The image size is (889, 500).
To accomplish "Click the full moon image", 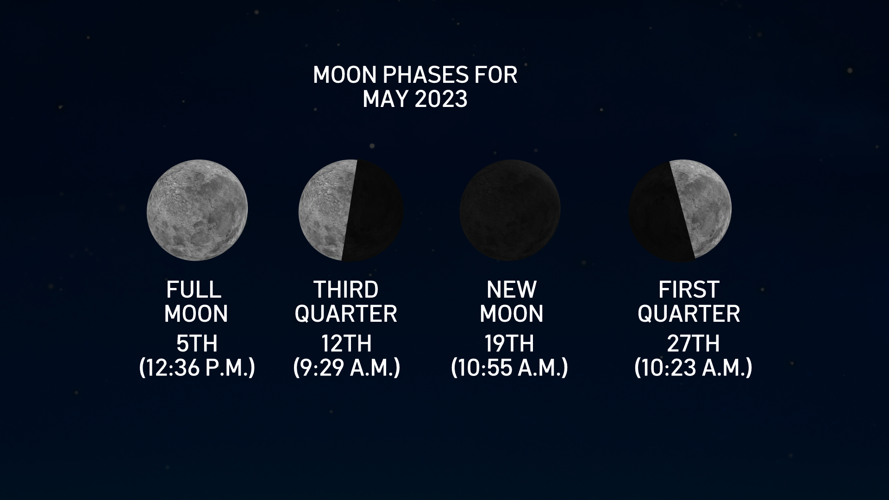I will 197,210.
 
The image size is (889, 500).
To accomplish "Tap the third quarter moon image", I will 351,210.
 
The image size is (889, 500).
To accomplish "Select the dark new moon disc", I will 510,210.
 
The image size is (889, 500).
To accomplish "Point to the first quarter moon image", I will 680,210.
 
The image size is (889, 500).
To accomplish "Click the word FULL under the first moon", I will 194,290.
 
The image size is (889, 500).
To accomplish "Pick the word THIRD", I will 346,290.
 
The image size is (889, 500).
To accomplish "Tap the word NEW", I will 511,290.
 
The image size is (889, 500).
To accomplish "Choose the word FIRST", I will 689,290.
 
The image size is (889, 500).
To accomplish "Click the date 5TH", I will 197,344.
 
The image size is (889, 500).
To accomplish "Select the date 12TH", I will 346,344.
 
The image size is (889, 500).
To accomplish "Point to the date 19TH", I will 509,344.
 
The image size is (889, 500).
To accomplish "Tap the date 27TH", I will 693,344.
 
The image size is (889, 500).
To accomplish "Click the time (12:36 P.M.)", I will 197,368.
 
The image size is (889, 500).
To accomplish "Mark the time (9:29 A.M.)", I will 346,368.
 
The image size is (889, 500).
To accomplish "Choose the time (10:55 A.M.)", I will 509,368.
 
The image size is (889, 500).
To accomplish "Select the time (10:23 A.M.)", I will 693,368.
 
